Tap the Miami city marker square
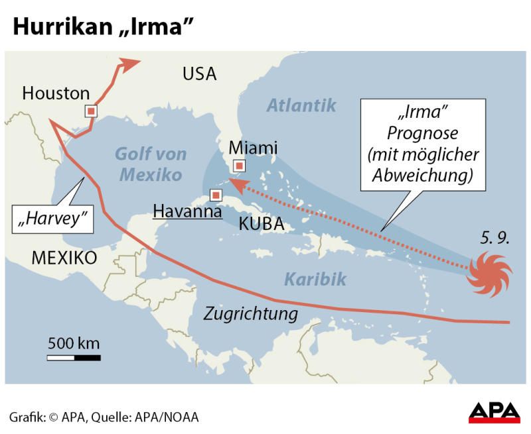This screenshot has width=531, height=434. click(239, 166)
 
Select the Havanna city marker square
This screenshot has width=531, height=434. click(215, 195)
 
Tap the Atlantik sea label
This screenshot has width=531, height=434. click(301, 105)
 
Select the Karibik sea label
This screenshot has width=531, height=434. click(315, 279)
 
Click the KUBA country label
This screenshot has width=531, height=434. click(261, 224)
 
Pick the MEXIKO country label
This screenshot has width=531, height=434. click(64, 257)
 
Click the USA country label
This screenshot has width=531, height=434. click(199, 74)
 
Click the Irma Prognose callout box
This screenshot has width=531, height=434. click(423, 144)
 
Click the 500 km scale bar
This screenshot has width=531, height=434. click(74, 358)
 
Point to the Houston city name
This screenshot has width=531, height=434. click(56, 93)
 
